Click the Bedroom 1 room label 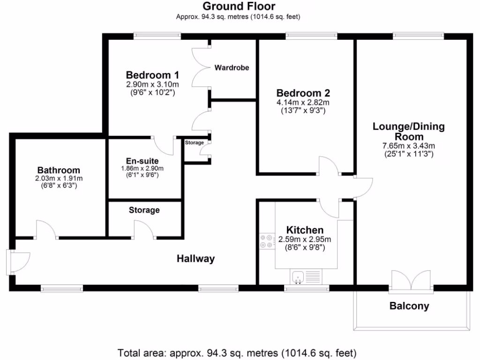click(152, 75)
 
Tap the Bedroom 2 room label click(302, 93)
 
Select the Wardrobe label click(232, 68)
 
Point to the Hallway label click(195, 259)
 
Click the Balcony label click(409, 307)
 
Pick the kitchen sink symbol click(298, 277)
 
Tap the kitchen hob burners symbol click(267, 241)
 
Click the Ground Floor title click(239, 7)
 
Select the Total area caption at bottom click(237, 352)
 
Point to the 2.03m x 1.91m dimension click(59, 179)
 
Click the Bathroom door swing click(47, 229)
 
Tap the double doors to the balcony click(411, 281)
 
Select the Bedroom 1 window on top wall click(157, 34)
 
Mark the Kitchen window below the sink click(307, 289)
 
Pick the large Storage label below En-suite click(144, 210)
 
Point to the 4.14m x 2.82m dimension click(302, 103)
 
